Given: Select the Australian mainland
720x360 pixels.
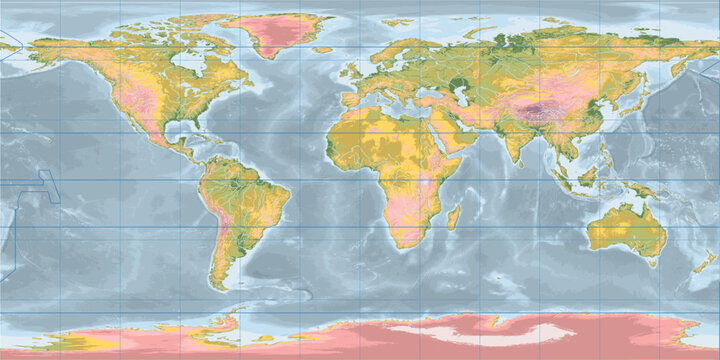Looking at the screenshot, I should [x=625, y=229].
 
